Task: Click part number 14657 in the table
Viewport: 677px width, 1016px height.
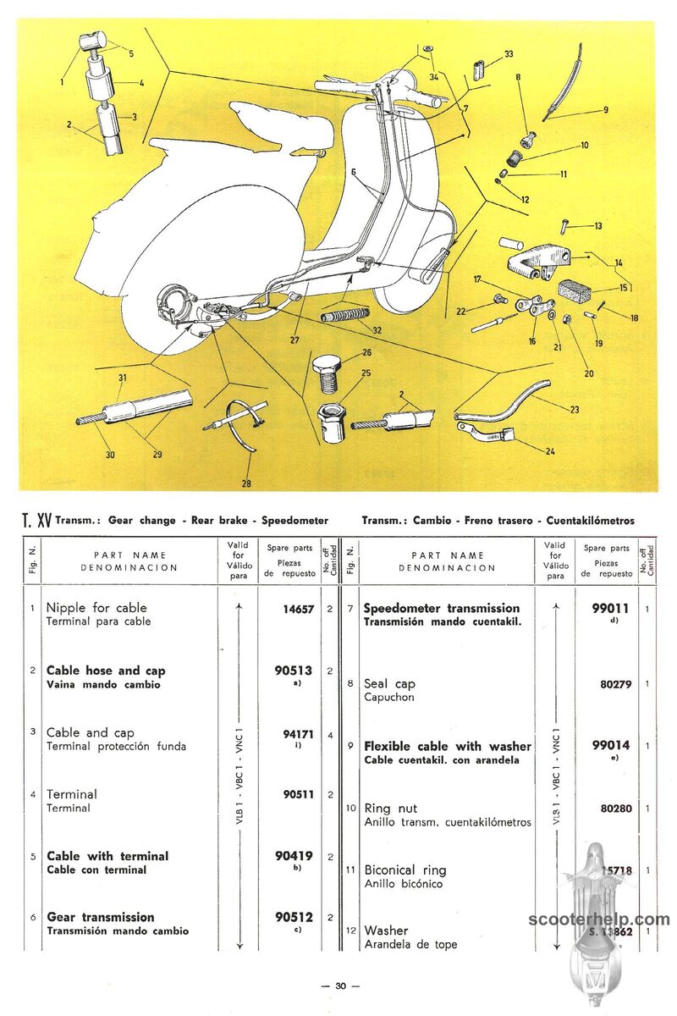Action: pyautogui.click(x=298, y=608)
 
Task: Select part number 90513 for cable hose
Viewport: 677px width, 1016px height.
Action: pyautogui.click(x=294, y=670)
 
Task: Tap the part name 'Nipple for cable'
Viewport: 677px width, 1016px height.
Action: pyautogui.click(x=96, y=608)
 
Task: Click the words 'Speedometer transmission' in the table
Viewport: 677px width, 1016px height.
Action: pyautogui.click(x=442, y=608)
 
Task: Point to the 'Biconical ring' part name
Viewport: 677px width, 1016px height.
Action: pyautogui.click(x=405, y=870)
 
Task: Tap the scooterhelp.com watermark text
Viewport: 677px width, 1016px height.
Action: pyautogui.click(x=598, y=919)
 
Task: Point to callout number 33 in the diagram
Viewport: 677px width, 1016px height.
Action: pyautogui.click(x=509, y=54)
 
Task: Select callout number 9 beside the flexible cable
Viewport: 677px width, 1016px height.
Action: pyautogui.click(x=606, y=109)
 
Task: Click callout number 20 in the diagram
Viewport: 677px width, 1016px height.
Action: pyautogui.click(x=588, y=373)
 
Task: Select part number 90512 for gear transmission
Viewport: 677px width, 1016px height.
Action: pyautogui.click(x=294, y=917)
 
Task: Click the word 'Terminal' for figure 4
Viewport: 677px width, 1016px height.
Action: pyautogui.click(x=72, y=794)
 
